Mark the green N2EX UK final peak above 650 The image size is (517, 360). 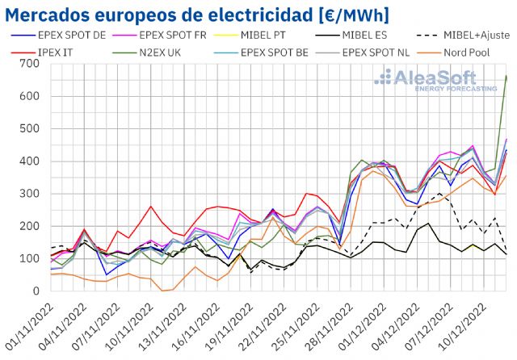(x=506, y=76)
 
